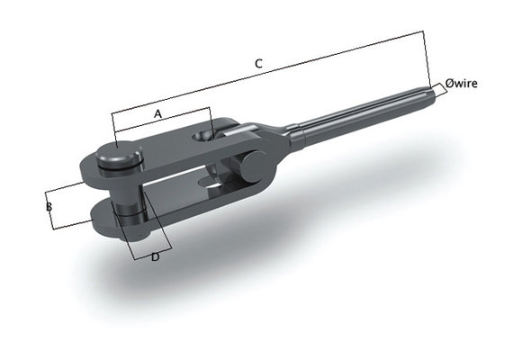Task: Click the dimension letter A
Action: pyautogui.click(x=158, y=114)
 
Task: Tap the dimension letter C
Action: pyautogui.click(x=258, y=63)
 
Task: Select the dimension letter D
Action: pyautogui.click(x=156, y=258)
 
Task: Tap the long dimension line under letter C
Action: pyautogui.click(x=270, y=73)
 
